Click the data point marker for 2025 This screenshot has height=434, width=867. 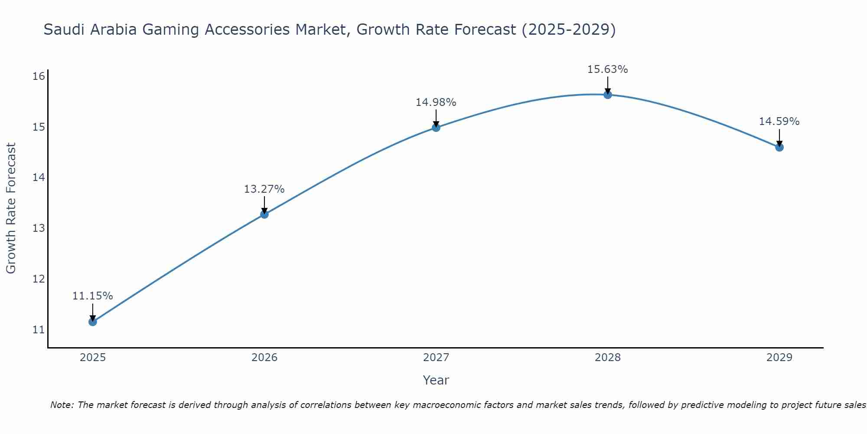pyautogui.click(x=93, y=322)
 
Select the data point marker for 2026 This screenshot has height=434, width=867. pyautogui.click(x=264, y=214)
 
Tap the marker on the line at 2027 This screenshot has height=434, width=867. pyautogui.click(x=436, y=127)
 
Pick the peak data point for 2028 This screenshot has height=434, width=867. pyautogui.click(x=608, y=95)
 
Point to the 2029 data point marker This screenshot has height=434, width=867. pyautogui.click(x=779, y=147)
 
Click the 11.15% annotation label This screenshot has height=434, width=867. pyautogui.click(x=92, y=296)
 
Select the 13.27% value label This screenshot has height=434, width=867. pyautogui.click(x=264, y=189)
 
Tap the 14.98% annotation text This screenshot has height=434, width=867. pyautogui.click(x=436, y=102)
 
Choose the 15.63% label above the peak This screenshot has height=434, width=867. pyautogui.click(x=607, y=69)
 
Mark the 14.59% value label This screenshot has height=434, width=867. pyautogui.click(x=779, y=122)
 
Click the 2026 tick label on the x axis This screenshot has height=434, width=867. pyautogui.click(x=264, y=358)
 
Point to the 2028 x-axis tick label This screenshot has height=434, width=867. pyautogui.click(x=608, y=358)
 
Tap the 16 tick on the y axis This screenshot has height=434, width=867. pyautogui.click(x=39, y=76)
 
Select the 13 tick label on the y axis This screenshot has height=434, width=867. pyautogui.click(x=39, y=228)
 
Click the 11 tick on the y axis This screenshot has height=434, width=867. pyautogui.click(x=39, y=330)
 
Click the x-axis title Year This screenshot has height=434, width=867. pyautogui.click(x=436, y=380)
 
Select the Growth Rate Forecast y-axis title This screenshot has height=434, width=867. pyautogui.click(x=11, y=208)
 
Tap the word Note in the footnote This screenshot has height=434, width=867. pyautogui.click(x=62, y=405)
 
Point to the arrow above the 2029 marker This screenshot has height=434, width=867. pyautogui.click(x=779, y=137)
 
